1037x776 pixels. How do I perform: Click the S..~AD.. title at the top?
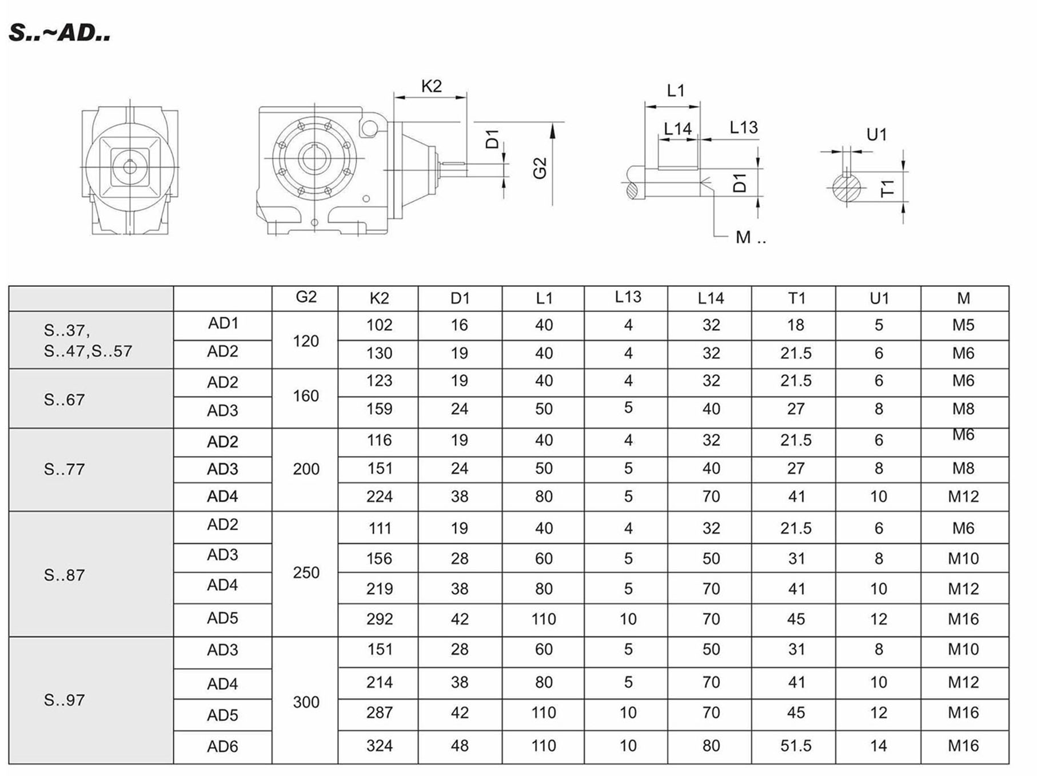point(59,33)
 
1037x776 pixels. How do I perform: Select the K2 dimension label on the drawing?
point(431,86)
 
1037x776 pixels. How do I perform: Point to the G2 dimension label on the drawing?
point(540,168)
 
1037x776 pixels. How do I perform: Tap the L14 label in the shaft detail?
point(677,129)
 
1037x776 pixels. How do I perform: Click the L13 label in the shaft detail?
point(743,127)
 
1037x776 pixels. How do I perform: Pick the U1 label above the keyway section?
point(876,135)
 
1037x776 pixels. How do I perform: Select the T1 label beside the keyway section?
point(887,187)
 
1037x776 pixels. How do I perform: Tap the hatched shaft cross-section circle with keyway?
point(845,187)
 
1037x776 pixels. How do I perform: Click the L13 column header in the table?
point(628,297)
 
